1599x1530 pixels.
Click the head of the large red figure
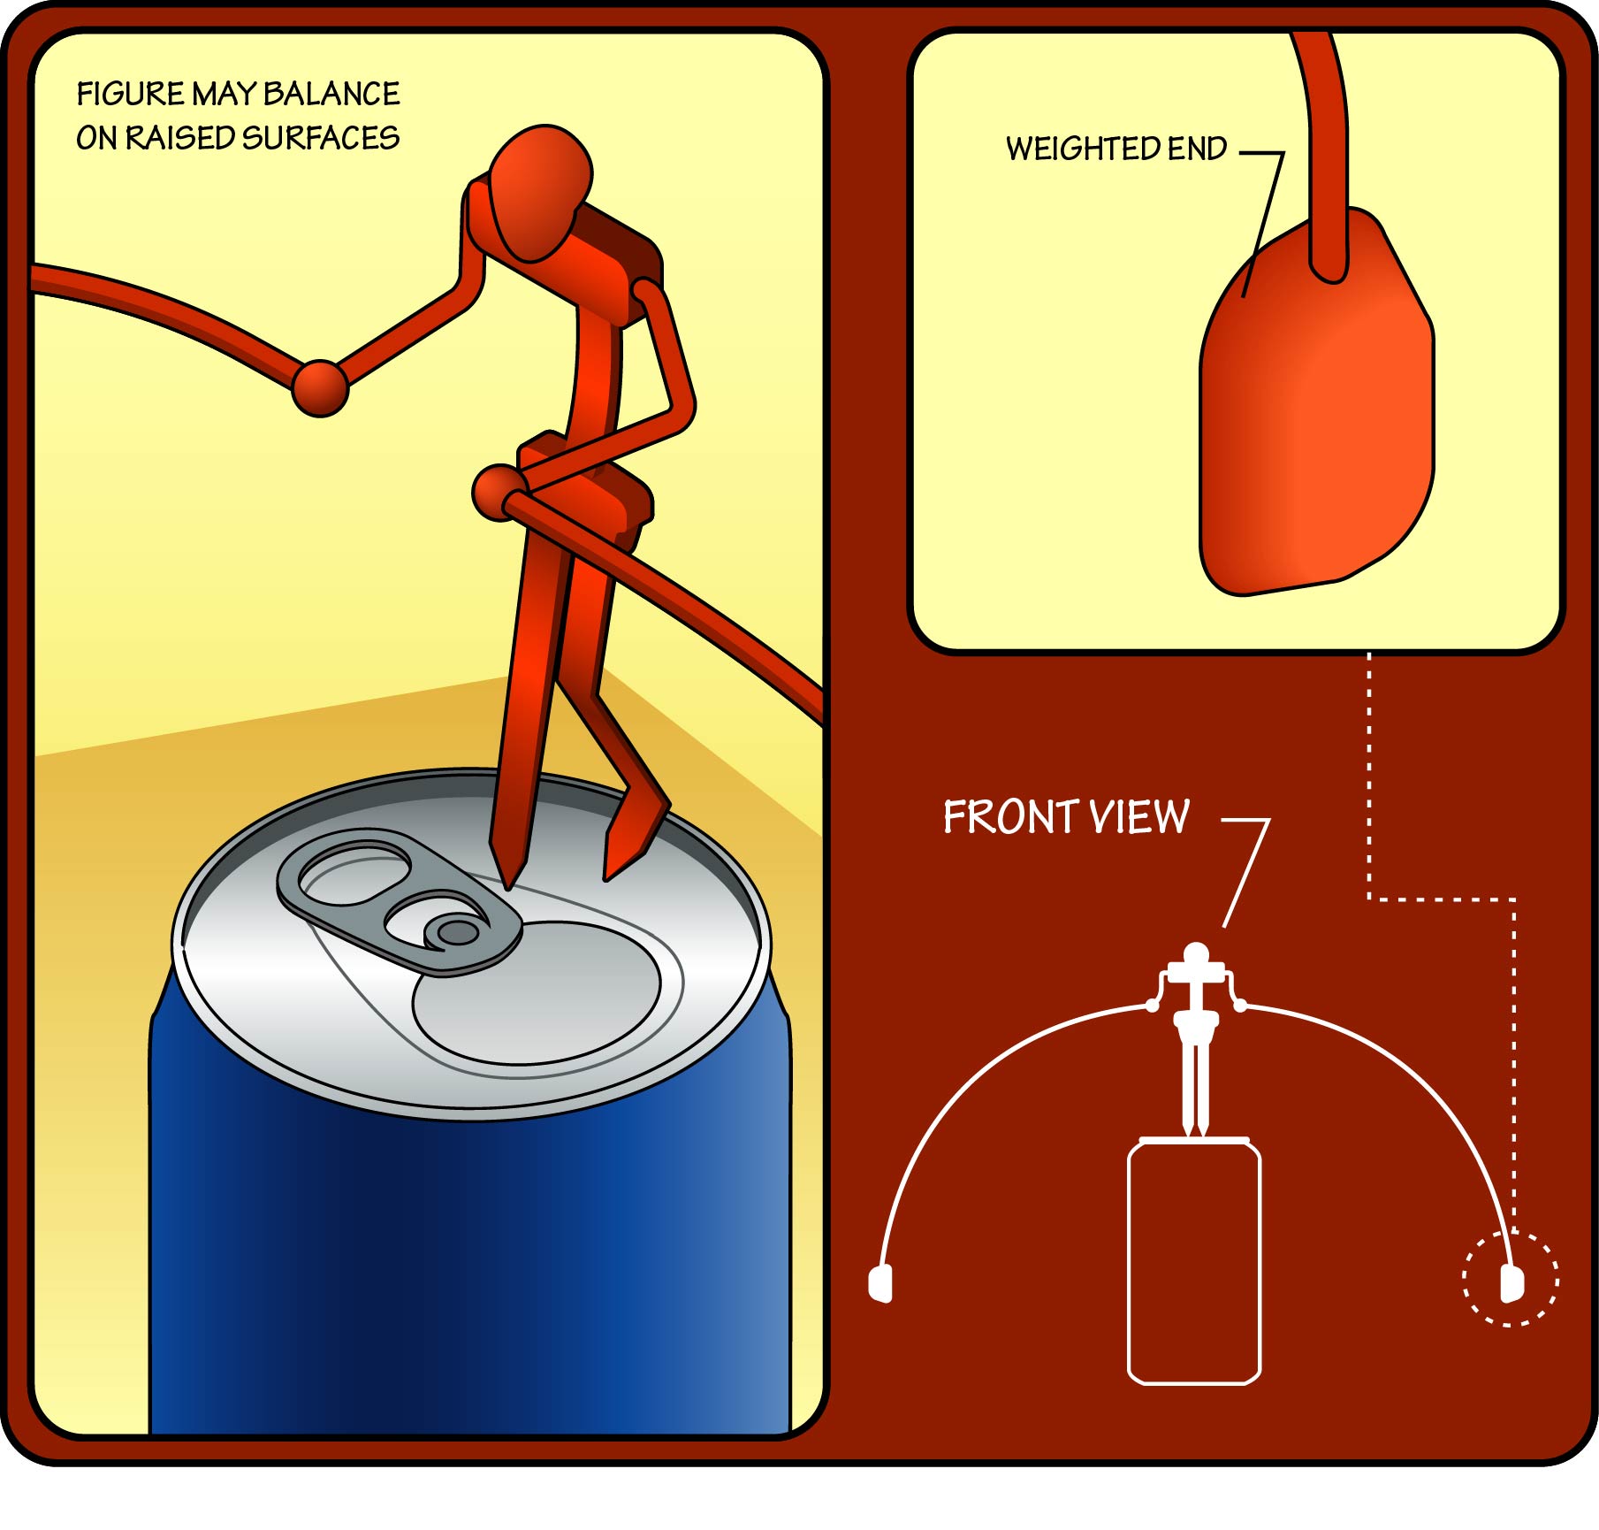[539, 193]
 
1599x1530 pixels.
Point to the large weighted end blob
[1316, 402]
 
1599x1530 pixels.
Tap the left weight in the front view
[881, 1283]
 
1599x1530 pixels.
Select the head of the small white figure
[1196, 954]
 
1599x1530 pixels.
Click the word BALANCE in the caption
[331, 94]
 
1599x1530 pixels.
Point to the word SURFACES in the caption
[320, 138]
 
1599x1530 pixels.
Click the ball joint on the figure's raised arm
[320, 387]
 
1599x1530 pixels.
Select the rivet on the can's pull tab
[456, 931]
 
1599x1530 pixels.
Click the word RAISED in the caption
[179, 138]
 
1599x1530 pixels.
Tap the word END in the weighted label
[1198, 149]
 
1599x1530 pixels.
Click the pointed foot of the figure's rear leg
[606, 878]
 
